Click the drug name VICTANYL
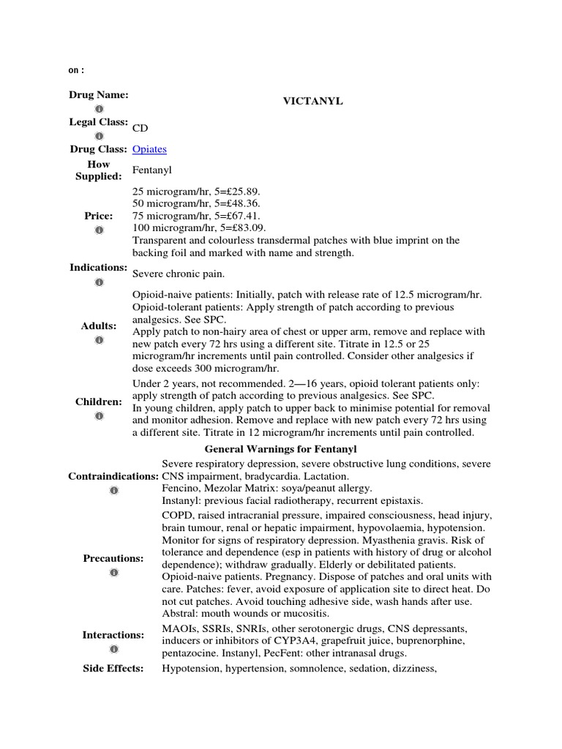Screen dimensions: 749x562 [x=312, y=102]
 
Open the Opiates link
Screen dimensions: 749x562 [x=149, y=149]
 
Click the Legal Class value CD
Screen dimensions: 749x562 [x=139, y=129]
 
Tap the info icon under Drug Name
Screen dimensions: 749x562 [x=100, y=108]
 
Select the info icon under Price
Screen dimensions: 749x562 [x=100, y=230]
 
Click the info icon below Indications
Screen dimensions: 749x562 [x=100, y=282]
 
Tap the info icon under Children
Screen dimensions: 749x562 [x=100, y=415]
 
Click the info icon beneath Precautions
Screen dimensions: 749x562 [x=113, y=572]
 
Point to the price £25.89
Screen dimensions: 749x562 [x=233, y=190]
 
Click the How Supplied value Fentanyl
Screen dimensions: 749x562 [x=152, y=170]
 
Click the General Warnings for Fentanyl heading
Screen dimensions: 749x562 [x=280, y=448]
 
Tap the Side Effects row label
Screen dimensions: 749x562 [x=113, y=669]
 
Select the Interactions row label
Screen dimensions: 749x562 [x=113, y=635]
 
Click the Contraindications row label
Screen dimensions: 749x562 [x=113, y=476]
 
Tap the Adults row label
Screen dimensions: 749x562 [x=100, y=326]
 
